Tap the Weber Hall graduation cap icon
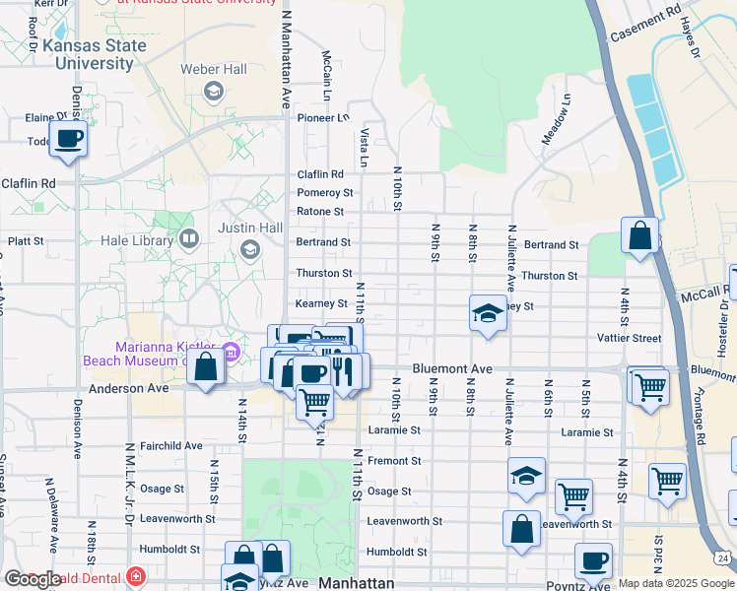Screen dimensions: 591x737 coord(212,92)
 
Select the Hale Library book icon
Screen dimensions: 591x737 coord(188,238)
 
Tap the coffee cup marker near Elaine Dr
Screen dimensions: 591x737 coord(68,139)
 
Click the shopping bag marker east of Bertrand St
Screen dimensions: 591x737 coord(639,236)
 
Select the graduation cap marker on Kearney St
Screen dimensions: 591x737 coord(487,314)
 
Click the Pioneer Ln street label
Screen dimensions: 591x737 coord(323,118)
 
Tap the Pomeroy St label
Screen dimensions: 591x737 coord(325,193)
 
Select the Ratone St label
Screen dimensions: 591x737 coord(320,212)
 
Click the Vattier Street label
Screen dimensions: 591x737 coord(629,338)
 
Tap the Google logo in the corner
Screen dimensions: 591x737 coord(33,579)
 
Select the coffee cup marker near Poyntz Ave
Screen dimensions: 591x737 coord(593,561)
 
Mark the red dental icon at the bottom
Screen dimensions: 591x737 coord(135,577)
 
